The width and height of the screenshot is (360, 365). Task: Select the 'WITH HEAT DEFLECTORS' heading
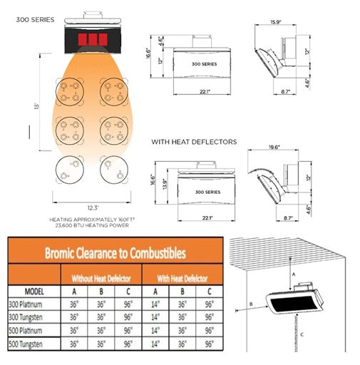pyautogui.click(x=194, y=142)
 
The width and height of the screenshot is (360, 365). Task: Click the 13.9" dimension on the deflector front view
pyautogui.click(x=165, y=185)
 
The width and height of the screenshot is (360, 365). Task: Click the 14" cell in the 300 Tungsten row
pyautogui.click(x=155, y=317)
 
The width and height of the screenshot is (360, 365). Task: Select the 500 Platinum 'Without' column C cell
pyautogui.click(x=129, y=331)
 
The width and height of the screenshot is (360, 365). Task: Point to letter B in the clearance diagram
pyautogui.click(x=252, y=305)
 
